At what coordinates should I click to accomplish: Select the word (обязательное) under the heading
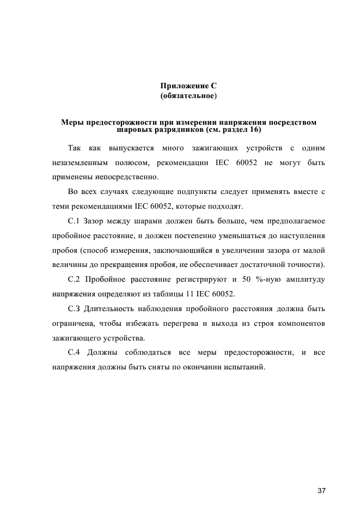pyautogui.click(x=188, y=96)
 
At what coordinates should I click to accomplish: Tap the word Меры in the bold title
pyautogui.click(x=72, y=122)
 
